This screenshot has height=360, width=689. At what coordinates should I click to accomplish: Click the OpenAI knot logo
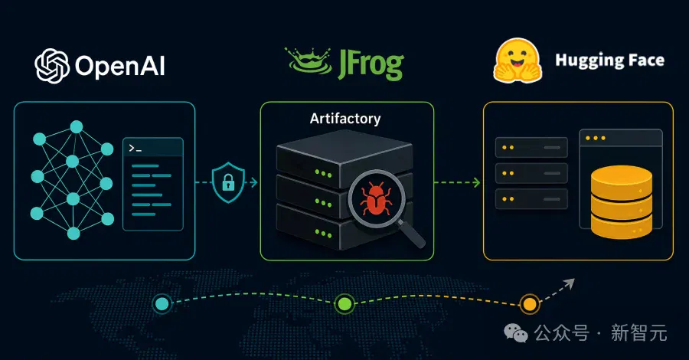(52, 66)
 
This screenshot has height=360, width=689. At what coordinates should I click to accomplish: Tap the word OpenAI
(120, 67)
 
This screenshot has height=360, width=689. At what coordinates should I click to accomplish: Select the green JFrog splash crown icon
(308, 61)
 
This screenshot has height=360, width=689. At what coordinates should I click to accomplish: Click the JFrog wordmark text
(371, 64)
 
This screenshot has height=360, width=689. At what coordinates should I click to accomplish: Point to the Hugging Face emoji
(518, 61)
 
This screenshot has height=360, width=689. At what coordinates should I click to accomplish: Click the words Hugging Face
(609, 61)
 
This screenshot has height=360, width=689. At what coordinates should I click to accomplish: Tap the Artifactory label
(345, 119)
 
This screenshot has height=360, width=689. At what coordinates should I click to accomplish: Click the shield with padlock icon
(228, 182)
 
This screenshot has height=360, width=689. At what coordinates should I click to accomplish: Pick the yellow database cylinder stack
(622, 202)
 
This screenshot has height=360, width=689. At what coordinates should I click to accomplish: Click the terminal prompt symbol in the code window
(135, 149)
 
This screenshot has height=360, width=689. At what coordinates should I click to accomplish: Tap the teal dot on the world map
(162, 304)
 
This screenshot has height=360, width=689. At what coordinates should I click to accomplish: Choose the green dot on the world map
(344, 304)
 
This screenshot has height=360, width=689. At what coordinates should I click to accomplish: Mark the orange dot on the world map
(530, 304)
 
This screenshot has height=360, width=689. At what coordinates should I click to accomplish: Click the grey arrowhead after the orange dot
(570, 283)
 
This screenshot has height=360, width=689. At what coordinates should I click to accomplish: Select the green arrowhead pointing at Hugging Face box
(477, 182)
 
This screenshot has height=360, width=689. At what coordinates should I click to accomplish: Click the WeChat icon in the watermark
(516, 332)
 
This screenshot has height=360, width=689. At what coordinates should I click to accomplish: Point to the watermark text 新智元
(639, 332)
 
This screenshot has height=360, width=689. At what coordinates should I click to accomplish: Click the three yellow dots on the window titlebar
(596, 138)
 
